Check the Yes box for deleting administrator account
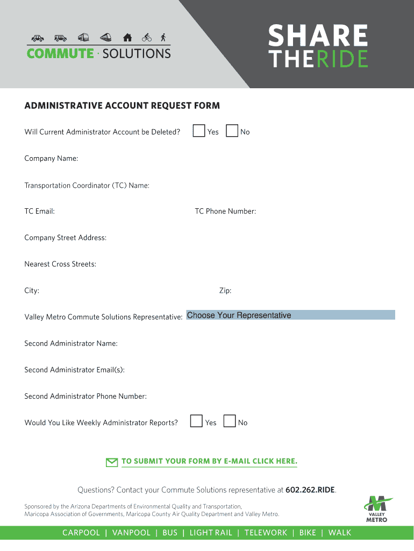coord(199,131)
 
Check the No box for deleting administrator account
coord(232,131)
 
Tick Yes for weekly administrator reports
coord(197,421)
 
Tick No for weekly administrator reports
coord(230,421)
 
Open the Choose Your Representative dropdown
coord(290,315)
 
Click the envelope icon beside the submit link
coord(112,462)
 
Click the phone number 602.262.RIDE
coord(310,490)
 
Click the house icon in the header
coord(127,38)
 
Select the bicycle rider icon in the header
coord(147,38)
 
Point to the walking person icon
coord(163,38)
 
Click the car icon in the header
coord(38,38)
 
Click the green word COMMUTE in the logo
coord(60,53)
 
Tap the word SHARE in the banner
coord(318,37)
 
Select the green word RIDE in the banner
coord(342,59)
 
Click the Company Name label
coord(51,159)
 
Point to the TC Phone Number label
coord(225,211)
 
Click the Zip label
coord(225,291)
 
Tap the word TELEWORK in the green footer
coord(266,533)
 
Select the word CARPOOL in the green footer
coord(81,533)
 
